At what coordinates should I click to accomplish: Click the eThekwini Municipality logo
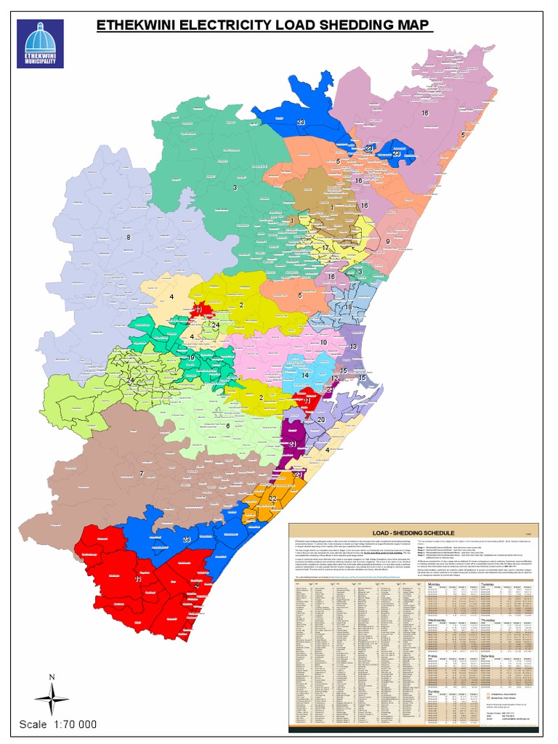40,43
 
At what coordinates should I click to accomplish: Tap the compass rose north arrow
52,697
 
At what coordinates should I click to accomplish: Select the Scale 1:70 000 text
58,724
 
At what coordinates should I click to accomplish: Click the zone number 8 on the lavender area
129,238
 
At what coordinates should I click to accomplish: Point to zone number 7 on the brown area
142,474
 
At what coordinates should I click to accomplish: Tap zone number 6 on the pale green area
227,426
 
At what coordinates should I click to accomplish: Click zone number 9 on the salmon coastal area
388,241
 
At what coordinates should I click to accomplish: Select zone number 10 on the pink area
323,341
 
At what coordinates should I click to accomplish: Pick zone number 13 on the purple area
354,347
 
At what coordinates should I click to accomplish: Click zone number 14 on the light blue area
306,375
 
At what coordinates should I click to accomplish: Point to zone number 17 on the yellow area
325,248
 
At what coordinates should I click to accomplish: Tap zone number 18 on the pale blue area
348,307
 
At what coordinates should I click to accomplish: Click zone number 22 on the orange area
272,498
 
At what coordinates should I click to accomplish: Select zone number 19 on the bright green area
191,357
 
